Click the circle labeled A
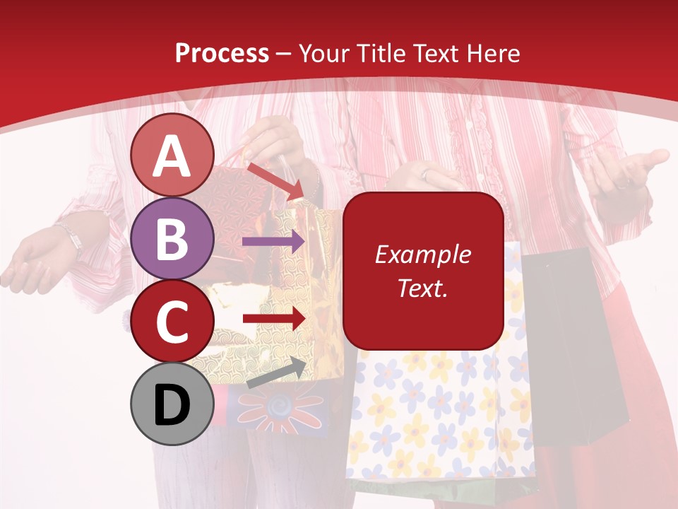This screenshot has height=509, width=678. click(172, 156)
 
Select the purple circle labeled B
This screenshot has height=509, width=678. click(172, 239)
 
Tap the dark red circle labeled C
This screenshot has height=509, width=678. click(172, 321)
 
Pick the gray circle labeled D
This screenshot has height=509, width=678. click(172, 404)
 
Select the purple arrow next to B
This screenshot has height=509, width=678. click(273, 242)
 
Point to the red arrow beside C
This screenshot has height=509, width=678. click(273, 318)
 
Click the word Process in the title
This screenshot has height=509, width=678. click(222, 53)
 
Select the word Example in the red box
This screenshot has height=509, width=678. click(422, 255)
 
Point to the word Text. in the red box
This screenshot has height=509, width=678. click(422, 288)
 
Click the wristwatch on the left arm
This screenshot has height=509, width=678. click(71, 238)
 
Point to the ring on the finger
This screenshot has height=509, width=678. click(425, 174)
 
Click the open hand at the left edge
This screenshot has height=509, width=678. click(32, 262)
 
